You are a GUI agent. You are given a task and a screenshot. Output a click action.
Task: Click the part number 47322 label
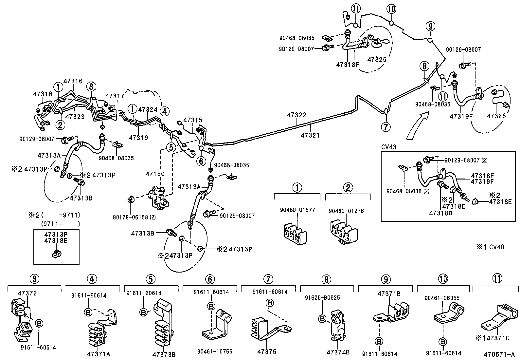296,115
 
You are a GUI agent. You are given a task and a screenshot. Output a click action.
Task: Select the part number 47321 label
310,135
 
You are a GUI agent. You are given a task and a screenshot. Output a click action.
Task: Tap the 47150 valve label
155,174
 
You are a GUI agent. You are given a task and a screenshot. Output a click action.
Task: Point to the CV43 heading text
389,147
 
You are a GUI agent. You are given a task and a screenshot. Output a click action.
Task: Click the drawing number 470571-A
499,354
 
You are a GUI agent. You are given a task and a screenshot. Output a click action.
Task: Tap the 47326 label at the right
496,116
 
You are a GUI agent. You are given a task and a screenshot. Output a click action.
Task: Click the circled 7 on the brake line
386,126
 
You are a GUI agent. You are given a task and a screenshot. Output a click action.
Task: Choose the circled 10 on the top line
391,9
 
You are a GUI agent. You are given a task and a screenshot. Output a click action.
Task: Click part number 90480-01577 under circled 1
297,210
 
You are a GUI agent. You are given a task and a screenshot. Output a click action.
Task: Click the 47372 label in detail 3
27,293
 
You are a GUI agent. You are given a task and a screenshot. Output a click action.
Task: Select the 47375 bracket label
267,352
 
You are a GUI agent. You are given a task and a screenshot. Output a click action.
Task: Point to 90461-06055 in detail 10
442,298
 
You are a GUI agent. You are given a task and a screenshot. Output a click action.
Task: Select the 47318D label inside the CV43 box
440,213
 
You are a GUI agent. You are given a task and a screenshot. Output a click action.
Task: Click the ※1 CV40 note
490,247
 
